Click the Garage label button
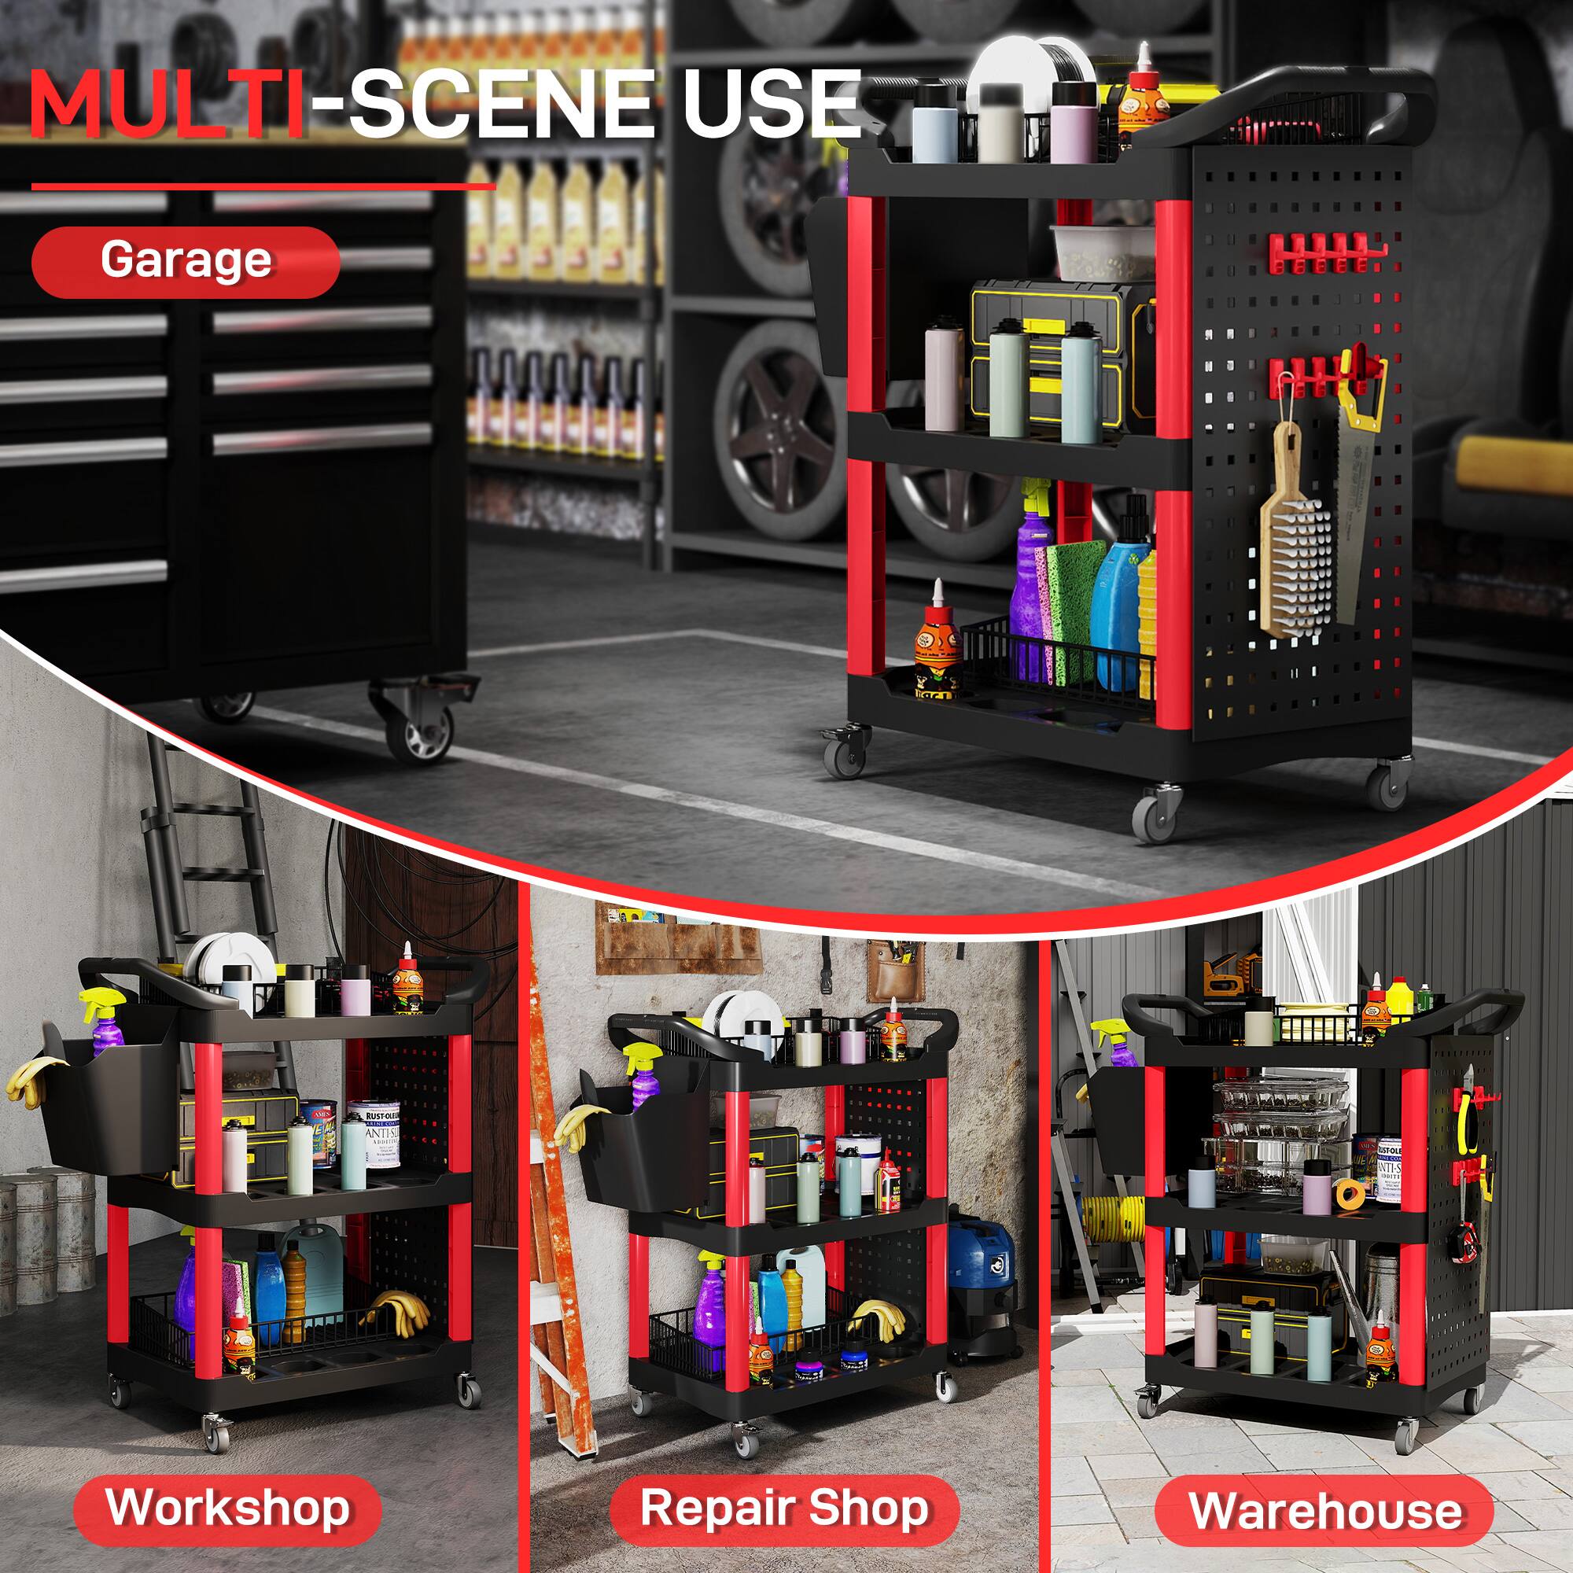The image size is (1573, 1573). pyautogui.click(x=186, y=261)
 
